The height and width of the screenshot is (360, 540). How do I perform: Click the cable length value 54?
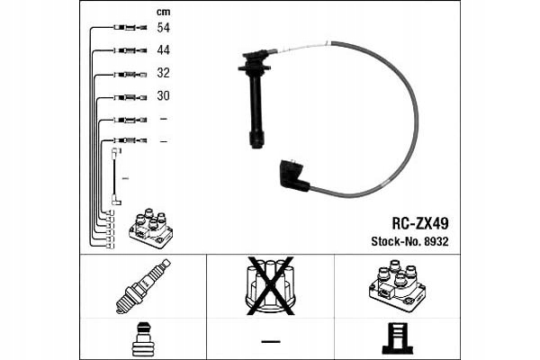click(163, 28)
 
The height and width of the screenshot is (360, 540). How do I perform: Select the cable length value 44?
click(163, 50)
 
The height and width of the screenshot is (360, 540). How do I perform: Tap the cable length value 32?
click(163, 73)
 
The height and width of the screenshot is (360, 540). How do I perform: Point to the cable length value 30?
click(163, 95)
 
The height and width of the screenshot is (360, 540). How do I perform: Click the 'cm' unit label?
click(163, 12)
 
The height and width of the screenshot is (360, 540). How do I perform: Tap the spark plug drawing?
click(143, 285)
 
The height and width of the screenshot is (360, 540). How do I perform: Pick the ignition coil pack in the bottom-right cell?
click(397, 286)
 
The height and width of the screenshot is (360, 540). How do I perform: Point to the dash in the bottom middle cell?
click(270, 339)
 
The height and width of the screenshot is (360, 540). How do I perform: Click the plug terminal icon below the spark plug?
click(143, 339)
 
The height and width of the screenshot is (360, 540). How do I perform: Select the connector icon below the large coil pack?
click(397, 339)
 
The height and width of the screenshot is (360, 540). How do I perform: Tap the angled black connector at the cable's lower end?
click(294, 174)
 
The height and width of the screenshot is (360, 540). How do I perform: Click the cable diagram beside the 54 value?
click(131, 28)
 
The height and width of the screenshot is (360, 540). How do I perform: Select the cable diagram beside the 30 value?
click(131, 95)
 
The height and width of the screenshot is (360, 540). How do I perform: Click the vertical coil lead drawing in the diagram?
click(115, 176)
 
